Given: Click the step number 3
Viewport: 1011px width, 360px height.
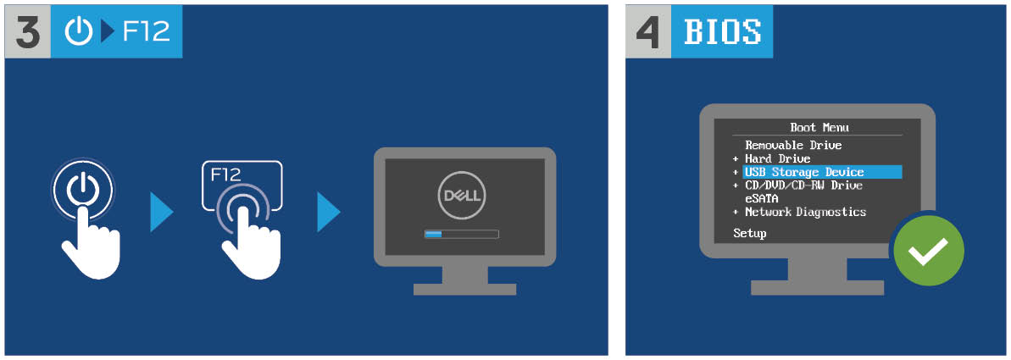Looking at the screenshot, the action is click(x=28, y=32).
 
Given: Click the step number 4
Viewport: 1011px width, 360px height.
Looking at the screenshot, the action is click(x=648, y=32).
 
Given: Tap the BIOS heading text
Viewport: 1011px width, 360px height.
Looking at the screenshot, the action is click(x=721, y=32).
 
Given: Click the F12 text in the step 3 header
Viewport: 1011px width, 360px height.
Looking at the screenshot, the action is click(x=147, y=32).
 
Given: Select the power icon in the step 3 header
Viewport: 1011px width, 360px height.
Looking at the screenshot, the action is click(x=79, y=32).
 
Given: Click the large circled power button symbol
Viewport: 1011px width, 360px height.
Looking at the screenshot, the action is click(x=82, y=189).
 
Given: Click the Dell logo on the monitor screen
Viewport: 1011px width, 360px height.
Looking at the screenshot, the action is click(x=461, y=195).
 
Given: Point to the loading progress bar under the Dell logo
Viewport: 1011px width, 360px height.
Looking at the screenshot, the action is click(x=462, y=233).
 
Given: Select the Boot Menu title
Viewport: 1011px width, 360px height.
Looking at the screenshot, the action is click(x=819, y=128).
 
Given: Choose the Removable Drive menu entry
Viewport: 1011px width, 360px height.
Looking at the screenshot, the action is click(x=793, y=146).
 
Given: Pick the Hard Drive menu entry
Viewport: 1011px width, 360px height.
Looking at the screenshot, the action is click(x=778, y=158).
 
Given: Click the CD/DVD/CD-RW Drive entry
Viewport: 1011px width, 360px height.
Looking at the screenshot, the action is click(x=803, y=186).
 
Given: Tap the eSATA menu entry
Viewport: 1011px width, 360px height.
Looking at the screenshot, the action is click(x=762, y=198).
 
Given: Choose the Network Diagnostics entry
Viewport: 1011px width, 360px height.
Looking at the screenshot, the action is click(x=805, y=212).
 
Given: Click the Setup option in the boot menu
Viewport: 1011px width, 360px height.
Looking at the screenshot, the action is click(x=750, y=233).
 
